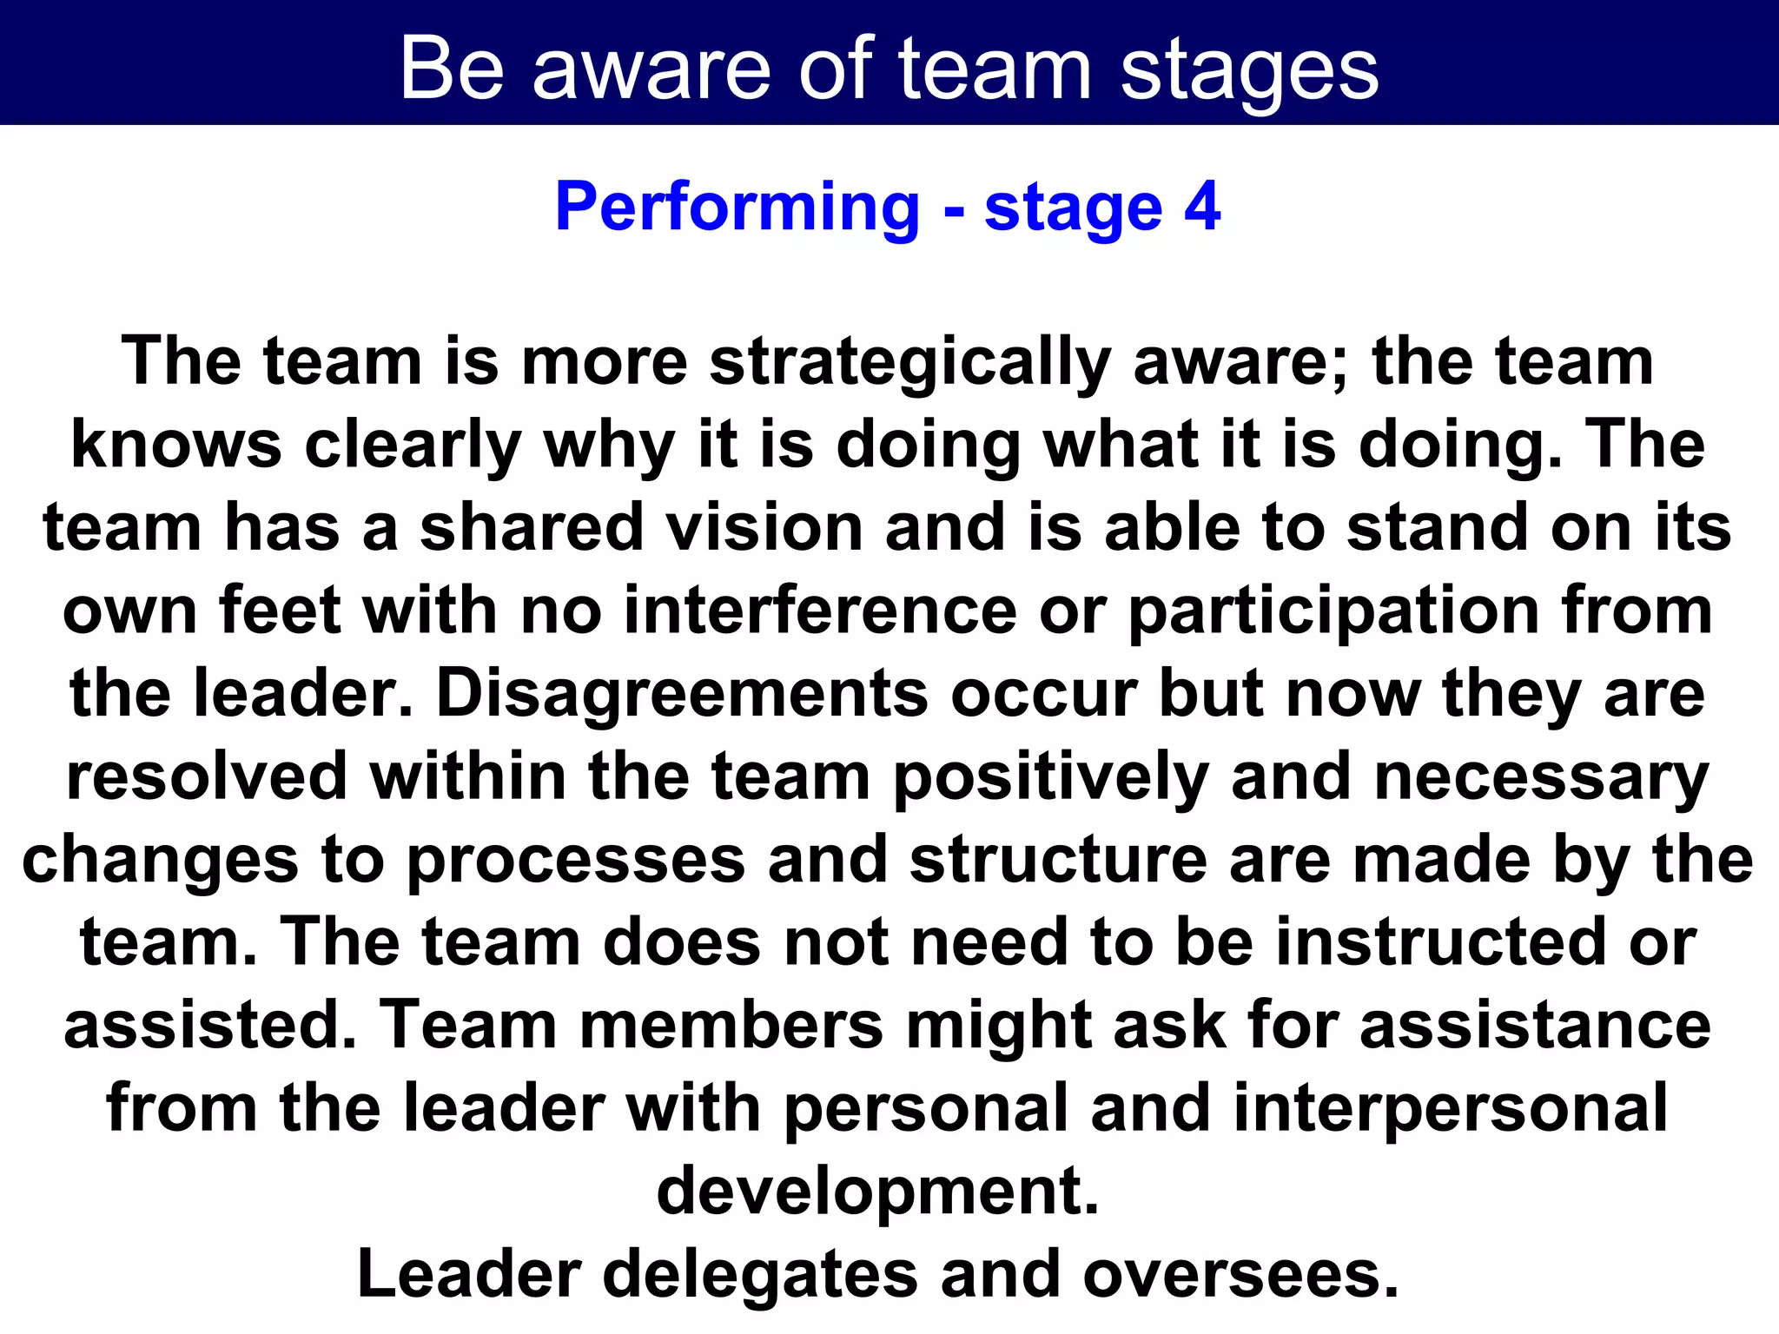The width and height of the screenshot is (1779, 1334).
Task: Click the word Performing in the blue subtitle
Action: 737,208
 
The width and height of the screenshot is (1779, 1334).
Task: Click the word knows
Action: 176,445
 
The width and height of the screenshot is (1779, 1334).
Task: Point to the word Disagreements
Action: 682,694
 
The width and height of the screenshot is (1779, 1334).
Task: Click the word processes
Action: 576,861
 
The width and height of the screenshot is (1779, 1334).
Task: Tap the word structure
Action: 1058,860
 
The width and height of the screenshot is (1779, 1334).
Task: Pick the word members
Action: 731,1026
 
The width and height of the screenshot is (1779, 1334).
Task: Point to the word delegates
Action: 759,1275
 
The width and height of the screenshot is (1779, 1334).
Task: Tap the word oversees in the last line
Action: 1240,1275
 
